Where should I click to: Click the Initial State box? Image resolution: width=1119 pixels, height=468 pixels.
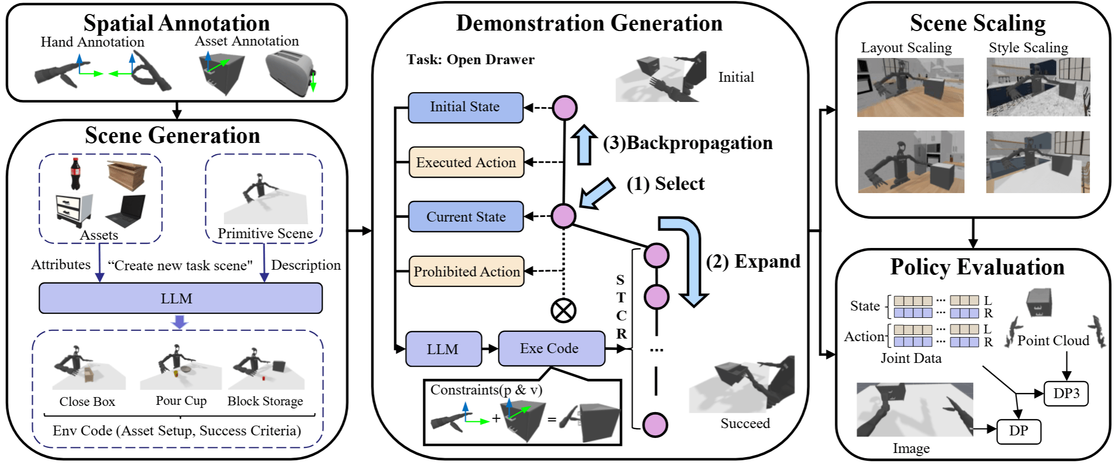(465, 108)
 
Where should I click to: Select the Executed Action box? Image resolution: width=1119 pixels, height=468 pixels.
(466, 163)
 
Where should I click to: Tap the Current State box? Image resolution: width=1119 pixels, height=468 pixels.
(466, 216)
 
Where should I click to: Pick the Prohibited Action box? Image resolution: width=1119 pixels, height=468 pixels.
(466, 271)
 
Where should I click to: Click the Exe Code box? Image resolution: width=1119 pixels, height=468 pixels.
(551, 348)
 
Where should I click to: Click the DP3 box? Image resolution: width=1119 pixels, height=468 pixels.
(1066, 393)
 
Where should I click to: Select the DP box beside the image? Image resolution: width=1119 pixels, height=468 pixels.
(1018, 431)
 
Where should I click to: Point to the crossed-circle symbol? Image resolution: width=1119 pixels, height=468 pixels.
(563, 311)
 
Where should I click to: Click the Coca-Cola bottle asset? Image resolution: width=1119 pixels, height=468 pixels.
(76, 173)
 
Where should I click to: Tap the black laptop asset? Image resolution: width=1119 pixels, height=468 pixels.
(126, 211)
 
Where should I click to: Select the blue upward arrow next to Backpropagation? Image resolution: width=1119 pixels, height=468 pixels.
(584, 145)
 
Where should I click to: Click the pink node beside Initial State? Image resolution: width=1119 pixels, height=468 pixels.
(564, 108)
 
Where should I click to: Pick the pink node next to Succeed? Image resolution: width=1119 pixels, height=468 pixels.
(655, 425)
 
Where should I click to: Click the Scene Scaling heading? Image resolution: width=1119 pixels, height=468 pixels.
(978, 23)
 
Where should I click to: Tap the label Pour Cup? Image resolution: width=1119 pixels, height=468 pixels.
(181, 401)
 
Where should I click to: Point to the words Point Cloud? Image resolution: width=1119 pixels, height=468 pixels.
(1053, 341)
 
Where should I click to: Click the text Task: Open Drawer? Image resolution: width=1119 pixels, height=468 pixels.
(470, 60)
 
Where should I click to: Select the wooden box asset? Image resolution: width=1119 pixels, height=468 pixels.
(126, 175)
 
